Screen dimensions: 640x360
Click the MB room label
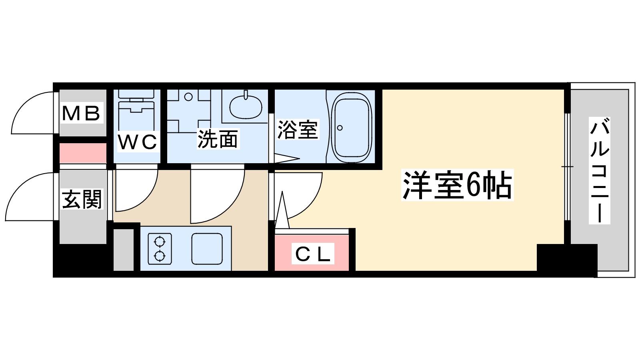tap(82, 114)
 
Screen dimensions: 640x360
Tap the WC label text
tap(138, 142)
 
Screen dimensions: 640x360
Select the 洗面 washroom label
tap(218, 140)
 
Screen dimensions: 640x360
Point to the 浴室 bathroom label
tap(298, 130)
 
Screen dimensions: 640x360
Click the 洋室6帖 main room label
tap(457, 185)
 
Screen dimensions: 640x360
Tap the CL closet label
tap(313, 254)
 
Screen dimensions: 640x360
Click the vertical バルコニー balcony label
tap(600, 170)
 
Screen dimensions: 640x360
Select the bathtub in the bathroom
tap(352, 128)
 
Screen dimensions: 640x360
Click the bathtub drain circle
tap(340, 128)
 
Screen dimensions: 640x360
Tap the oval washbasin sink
tap(246, 107)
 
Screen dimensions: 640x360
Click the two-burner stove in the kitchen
tap(160, 248)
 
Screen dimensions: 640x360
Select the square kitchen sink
tap(207, 248)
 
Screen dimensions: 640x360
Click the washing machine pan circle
tap(188, 97)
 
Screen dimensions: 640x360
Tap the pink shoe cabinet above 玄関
tap(83, 153)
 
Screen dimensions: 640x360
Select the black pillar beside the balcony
tap(567, 260)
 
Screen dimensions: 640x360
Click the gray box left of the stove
tap(124, 250)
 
